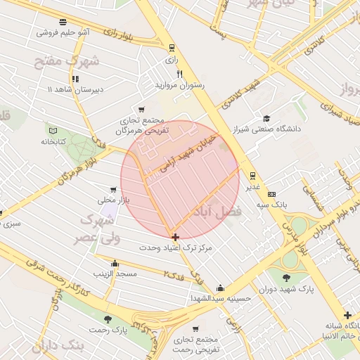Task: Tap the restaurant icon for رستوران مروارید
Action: click(180, 75)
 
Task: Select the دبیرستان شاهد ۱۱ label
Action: click(75, 90)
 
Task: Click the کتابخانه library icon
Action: click(52, 130)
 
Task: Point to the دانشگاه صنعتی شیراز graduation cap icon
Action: click(266, 118)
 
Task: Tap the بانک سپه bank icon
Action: click(272, 194)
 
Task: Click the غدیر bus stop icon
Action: click(252, 176)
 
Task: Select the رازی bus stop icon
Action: click(172, 49)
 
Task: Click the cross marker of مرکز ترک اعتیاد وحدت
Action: click(175, 237)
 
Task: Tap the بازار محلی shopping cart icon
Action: click(112, 189)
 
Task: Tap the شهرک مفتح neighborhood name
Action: click(67, 62)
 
